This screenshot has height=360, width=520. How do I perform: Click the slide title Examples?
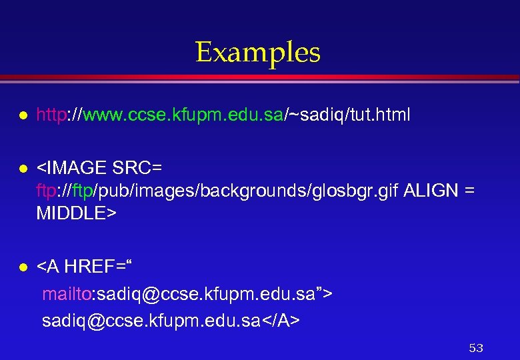pos(258,53)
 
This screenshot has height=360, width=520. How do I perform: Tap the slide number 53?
pos(476,348)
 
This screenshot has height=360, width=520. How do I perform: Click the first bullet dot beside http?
pos(22,116)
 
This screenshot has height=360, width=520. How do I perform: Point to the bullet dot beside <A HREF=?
pos(22,267)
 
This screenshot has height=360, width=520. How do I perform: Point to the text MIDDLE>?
pos(77,213)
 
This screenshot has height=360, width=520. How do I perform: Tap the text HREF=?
pos(95,267)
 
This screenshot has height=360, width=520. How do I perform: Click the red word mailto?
pos(62,294)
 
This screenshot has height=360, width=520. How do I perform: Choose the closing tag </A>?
pos(283,321)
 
